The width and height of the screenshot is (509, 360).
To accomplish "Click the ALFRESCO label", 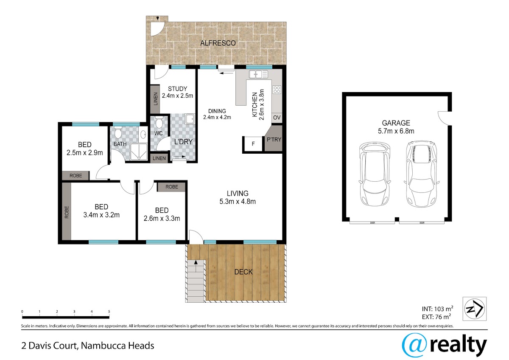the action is pyautogui.click(x=218, y=43).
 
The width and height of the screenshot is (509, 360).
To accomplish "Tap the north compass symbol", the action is pyautogui.click(x=475, y=309).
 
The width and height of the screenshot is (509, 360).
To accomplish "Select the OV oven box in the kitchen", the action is pyautogui.click(x=277, y=118).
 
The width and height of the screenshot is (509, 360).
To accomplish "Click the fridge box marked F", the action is pyautogui.click(x=253, y=144).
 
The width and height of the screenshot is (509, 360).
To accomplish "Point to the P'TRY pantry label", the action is pyautogui.click(x=274, y=139).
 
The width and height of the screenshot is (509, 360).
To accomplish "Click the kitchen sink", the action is pyautogui.click(x=258, y=74).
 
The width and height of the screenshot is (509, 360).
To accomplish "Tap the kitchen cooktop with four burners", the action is pyautogui.click(x=277, y=90).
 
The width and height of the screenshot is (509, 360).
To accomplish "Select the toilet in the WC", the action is pyautogui.click(x=159, y=122).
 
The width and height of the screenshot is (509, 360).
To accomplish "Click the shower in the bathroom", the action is pyautogui.click(x=139, y=152).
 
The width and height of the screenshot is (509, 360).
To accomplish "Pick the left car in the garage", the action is pyautogui.click(x=375, y=174).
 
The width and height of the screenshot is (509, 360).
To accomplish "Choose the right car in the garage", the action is pyautogui.click(x=422, y=174).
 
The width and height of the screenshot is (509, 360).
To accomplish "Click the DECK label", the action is pyautogui.click(x=243, y=272).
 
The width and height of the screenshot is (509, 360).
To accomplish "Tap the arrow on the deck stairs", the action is pyautogui.click(x=196, y=266).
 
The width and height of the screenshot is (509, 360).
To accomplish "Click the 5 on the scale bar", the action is pyautogui.click(x=109, y=311).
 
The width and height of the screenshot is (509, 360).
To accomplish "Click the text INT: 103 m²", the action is pyautogui.click(x=437, y=309).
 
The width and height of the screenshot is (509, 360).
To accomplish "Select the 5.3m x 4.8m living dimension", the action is pyautogui.click(x=238, y=202).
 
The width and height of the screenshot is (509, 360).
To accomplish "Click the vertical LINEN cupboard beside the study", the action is pyautogui.click(x=155, y=99).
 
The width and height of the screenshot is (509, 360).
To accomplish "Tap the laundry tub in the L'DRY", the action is pyautogui.click(x=190, y=119).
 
